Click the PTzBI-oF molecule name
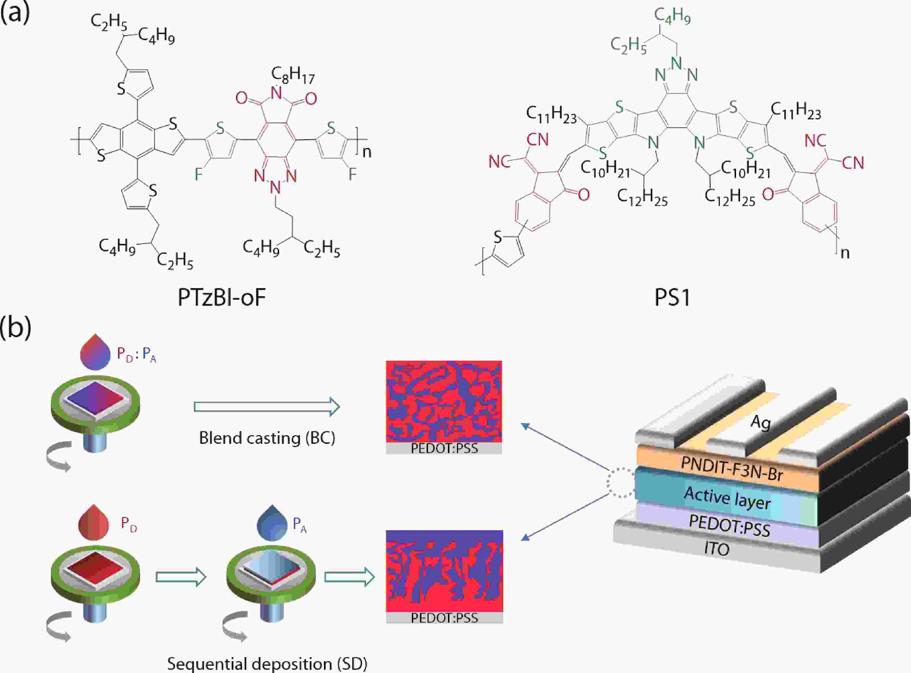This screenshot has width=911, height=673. [222, 298]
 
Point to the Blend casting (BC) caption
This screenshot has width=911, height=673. [267, 438]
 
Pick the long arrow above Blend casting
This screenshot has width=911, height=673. [267, 407]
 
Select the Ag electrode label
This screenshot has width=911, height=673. [760, 422]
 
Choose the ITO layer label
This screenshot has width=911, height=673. [717, 549]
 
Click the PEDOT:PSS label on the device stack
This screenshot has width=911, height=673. [729, 526]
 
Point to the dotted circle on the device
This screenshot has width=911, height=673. [620, 482]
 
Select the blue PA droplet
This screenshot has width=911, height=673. [272, 524]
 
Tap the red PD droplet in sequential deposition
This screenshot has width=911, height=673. [94, 524]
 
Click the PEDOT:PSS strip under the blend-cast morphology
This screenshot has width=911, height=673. [444, 448]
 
